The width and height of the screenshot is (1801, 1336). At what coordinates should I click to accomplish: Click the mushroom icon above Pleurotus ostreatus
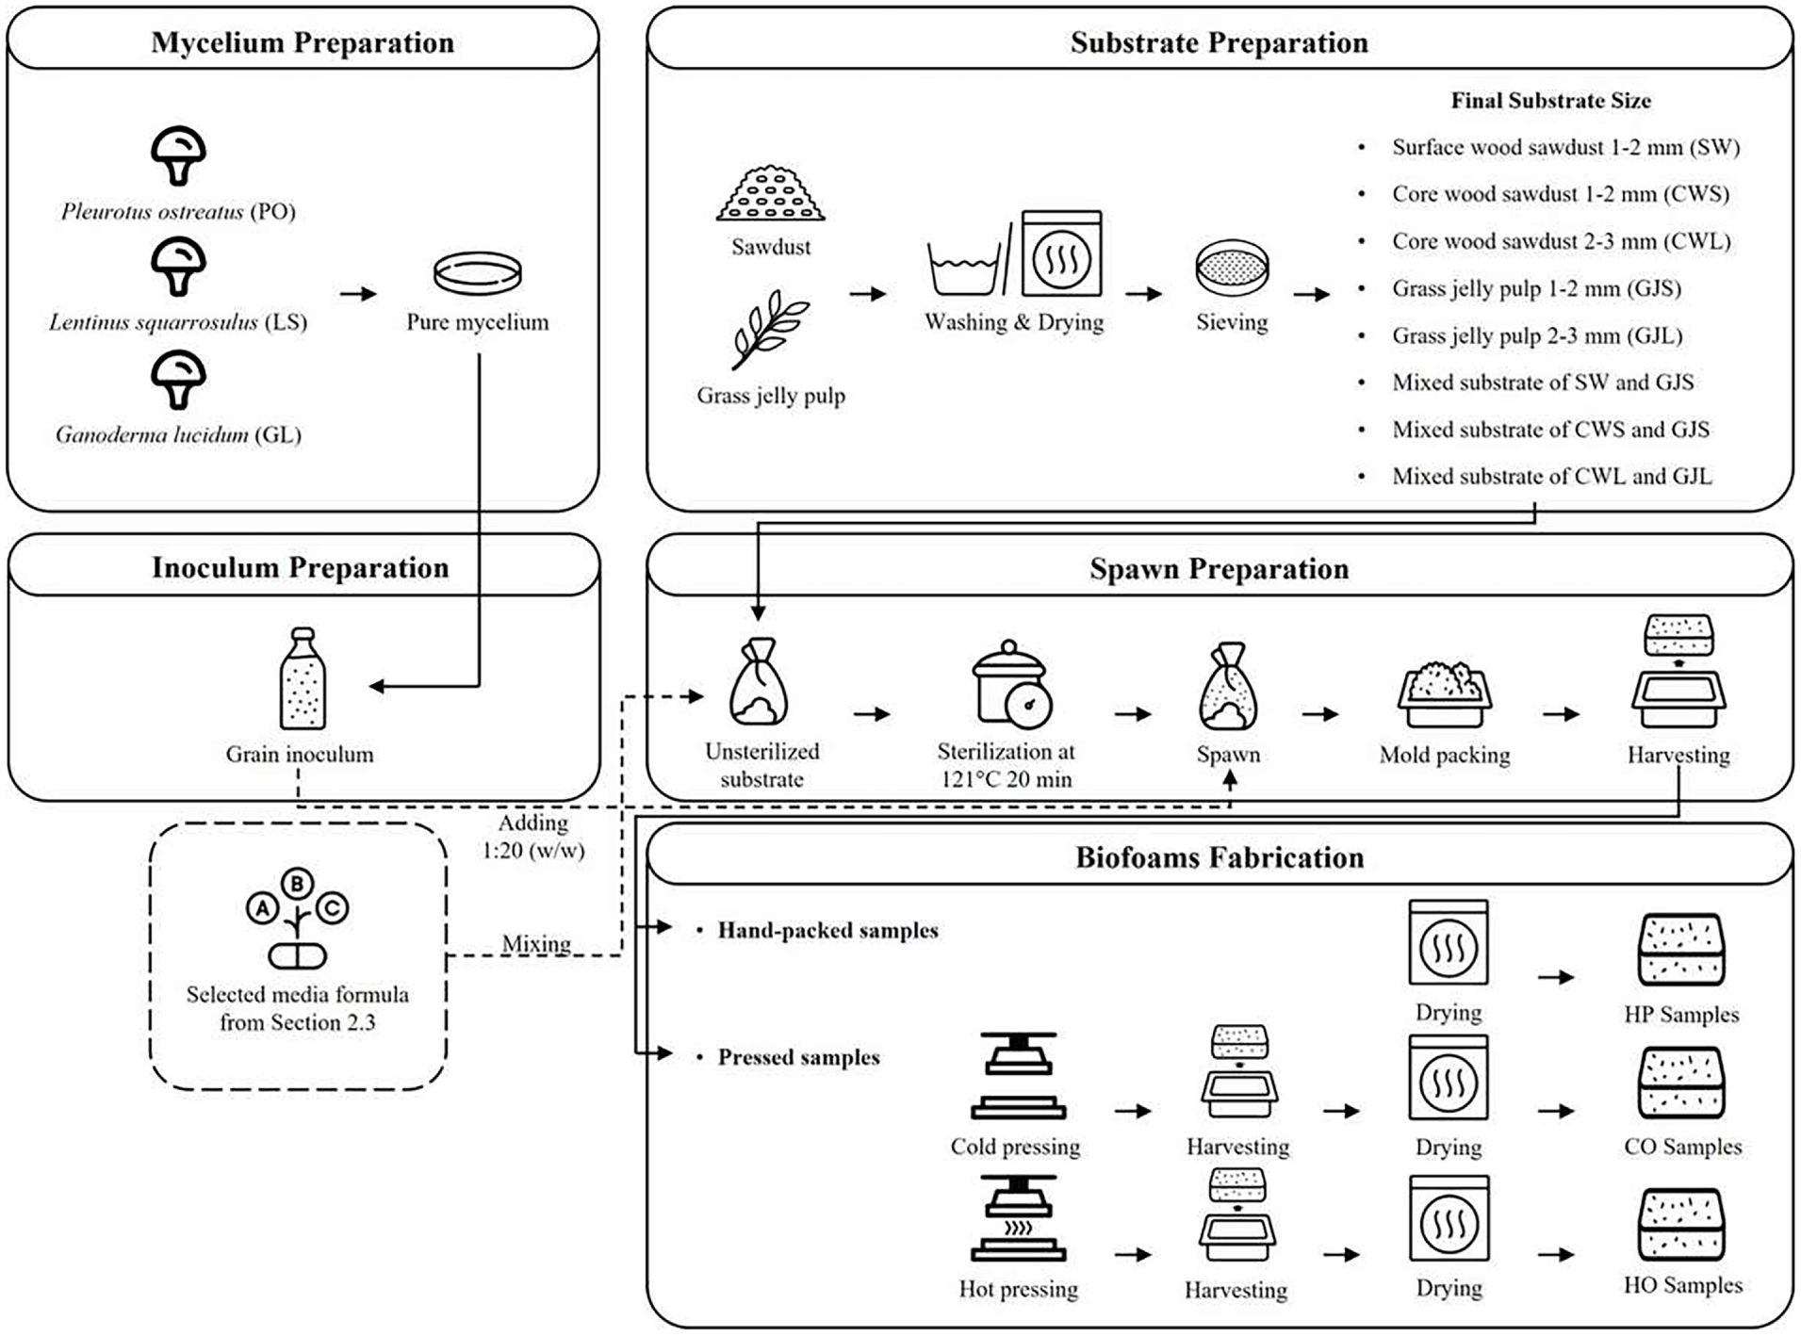point(178,155)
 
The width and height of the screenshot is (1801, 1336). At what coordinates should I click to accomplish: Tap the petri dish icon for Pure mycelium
point(477,273)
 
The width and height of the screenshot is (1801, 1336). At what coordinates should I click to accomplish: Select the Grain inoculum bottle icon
point(303,678)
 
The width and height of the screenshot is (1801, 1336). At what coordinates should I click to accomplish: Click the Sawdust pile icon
point(771,194)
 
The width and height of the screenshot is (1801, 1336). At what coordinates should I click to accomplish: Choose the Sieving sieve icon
point(1232,268)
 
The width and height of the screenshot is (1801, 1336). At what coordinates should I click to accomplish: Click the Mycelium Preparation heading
point(303,42)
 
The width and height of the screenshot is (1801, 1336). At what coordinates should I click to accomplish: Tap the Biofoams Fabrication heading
point(1220,857)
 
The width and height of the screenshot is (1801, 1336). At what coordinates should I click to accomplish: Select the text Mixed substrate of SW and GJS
point(1543,383)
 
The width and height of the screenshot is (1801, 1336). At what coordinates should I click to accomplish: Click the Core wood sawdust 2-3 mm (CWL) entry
point(1562,241)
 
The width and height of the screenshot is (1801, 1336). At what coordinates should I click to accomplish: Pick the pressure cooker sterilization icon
point(1012,684)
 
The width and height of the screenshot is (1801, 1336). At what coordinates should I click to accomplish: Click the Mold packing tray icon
point(1445,694)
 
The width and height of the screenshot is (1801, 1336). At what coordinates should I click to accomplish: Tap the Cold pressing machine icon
point(1018,1075)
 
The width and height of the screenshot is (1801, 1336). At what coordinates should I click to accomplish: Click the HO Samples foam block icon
point(1682,1224)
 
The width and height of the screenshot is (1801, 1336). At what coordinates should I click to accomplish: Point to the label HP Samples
point(1681,1015)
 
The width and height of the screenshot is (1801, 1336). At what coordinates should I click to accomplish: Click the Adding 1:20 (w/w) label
point(533,837)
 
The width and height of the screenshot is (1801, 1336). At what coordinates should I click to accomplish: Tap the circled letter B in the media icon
point(298,883)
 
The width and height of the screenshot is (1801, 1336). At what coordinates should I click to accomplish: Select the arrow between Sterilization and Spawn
point(1133,714)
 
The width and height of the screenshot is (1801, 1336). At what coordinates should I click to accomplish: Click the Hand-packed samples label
point(828,931)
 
